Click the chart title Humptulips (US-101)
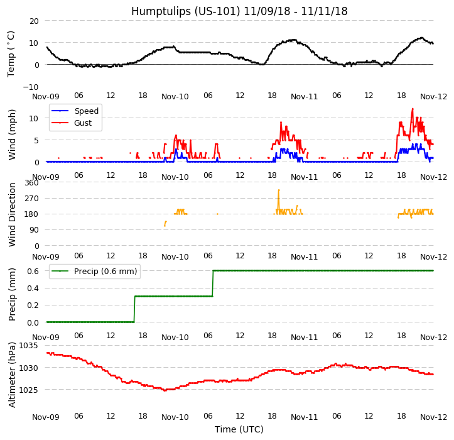point(239,11)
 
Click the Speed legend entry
point(86,111)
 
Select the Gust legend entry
point(84,123)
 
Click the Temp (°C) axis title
point(11,53)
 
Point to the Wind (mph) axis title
point(12,134)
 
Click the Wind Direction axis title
point(12,214)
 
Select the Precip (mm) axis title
point(12,294)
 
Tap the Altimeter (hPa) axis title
point(12,374)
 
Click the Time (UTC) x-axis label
point(239,429)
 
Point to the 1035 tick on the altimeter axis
point(28,346)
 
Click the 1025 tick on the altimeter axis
point(28,390)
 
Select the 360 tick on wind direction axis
point(31,183)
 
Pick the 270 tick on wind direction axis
point(31,199)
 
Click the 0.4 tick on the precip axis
point(31,288)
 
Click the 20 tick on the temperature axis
point(33,21)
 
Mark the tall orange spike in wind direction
point(278,190)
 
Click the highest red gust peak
point(413,109)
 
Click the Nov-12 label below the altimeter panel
point(434,417)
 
